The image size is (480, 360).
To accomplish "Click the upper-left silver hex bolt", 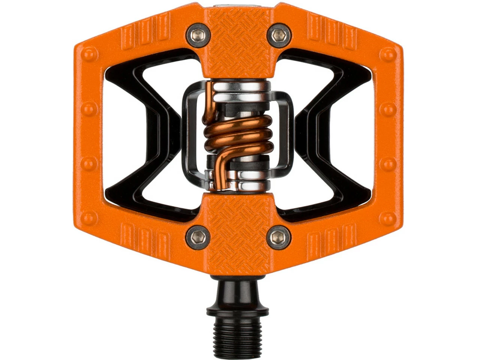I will click(197, 35).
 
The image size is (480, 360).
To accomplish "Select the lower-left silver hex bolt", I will click(197, 237).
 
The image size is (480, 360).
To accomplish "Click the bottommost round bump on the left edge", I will click(89, 218).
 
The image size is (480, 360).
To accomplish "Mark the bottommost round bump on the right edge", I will click(388, 218).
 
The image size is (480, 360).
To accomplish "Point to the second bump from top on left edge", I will click(89, 109).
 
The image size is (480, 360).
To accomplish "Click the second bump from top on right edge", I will click(388, 109).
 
